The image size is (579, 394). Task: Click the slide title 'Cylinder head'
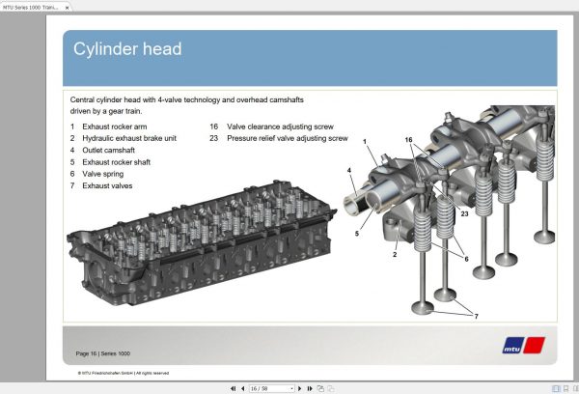coord(128,49)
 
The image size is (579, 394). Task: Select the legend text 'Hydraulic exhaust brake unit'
coord(129,138)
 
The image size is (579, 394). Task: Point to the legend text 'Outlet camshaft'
coord(109,150)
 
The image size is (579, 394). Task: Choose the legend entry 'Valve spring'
coord(104,173)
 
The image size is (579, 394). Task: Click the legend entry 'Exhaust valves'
coord(108,184)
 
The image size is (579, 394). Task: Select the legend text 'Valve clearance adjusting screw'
coord(280,127)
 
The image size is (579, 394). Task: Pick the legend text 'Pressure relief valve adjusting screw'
coord(288,138)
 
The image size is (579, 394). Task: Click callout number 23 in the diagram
coord(464,213)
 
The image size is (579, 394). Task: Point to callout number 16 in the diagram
coord(408,140)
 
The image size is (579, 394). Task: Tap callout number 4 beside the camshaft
coord(349,170)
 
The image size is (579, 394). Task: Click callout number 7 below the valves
coord(476,316)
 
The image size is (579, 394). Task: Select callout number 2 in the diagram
coord(395,255)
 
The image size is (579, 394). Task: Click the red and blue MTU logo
coord(524,343)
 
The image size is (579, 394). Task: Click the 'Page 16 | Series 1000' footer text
coord(103,352)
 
